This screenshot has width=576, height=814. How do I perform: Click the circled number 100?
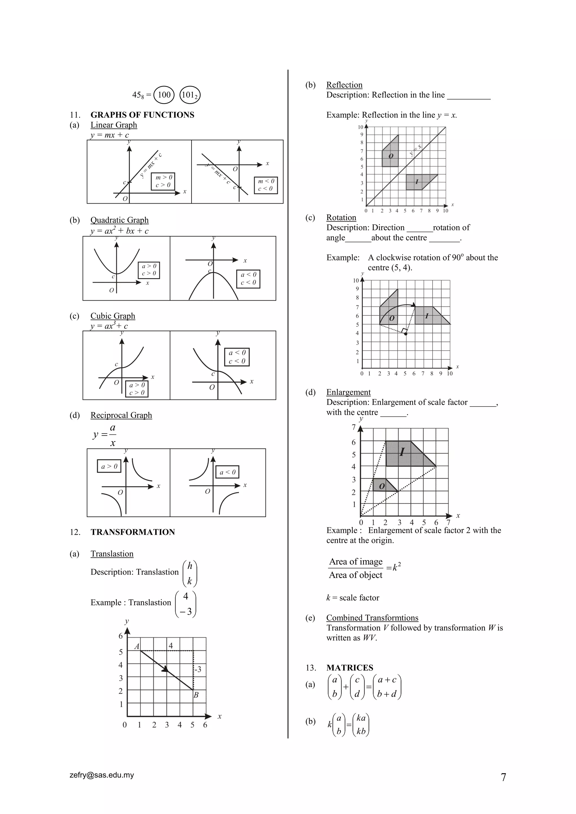tap(164, 95)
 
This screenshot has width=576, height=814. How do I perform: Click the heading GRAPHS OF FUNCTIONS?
tap(142, 115)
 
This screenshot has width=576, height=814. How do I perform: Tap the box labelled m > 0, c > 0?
tap(163, 181)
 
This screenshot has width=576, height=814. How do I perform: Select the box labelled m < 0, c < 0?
tap(266, 185)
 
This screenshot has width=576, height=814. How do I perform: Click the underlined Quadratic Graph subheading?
tap(120, 220)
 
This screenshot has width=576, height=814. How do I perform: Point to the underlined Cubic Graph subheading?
tap(113, 316)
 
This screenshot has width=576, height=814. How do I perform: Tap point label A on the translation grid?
tap(137, 646)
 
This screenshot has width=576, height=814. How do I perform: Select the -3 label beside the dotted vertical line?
tap(198, 669)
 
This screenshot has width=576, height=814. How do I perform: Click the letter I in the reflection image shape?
tap(417, 182)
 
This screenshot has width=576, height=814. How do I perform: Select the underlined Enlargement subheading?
tap(348, 393)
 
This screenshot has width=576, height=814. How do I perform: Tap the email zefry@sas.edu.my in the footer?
tap(102, 775)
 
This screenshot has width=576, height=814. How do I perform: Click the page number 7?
tap(503, 777)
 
